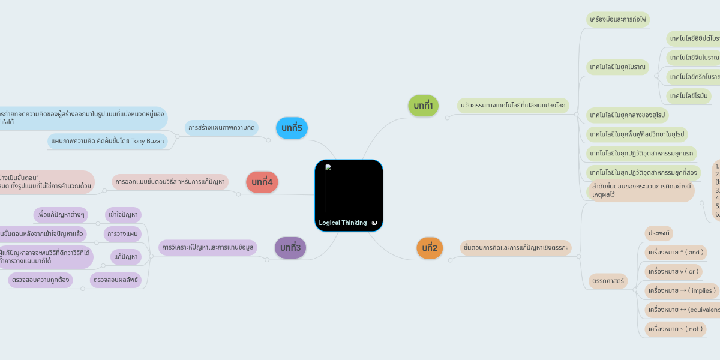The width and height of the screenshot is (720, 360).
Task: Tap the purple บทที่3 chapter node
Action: tap(290, 247)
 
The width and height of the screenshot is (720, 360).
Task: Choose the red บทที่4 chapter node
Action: tap(262, 182)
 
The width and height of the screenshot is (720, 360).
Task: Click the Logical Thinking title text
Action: tap(343, 223)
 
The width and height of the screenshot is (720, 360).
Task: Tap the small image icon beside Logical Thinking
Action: tap(374, 223)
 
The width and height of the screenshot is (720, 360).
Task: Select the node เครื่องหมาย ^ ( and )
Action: tap(675, 252)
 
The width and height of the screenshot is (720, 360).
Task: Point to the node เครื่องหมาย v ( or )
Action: tap(672, 271)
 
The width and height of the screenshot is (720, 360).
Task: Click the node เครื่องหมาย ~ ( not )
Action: tap(674, 329)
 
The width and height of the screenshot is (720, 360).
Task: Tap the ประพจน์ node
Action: tap(659, 233)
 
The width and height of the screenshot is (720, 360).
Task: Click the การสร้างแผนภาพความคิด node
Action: tap(221, 128)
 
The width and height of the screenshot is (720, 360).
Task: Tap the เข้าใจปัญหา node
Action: tap(123, 214)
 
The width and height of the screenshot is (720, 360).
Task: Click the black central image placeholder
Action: tap(349, 188)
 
